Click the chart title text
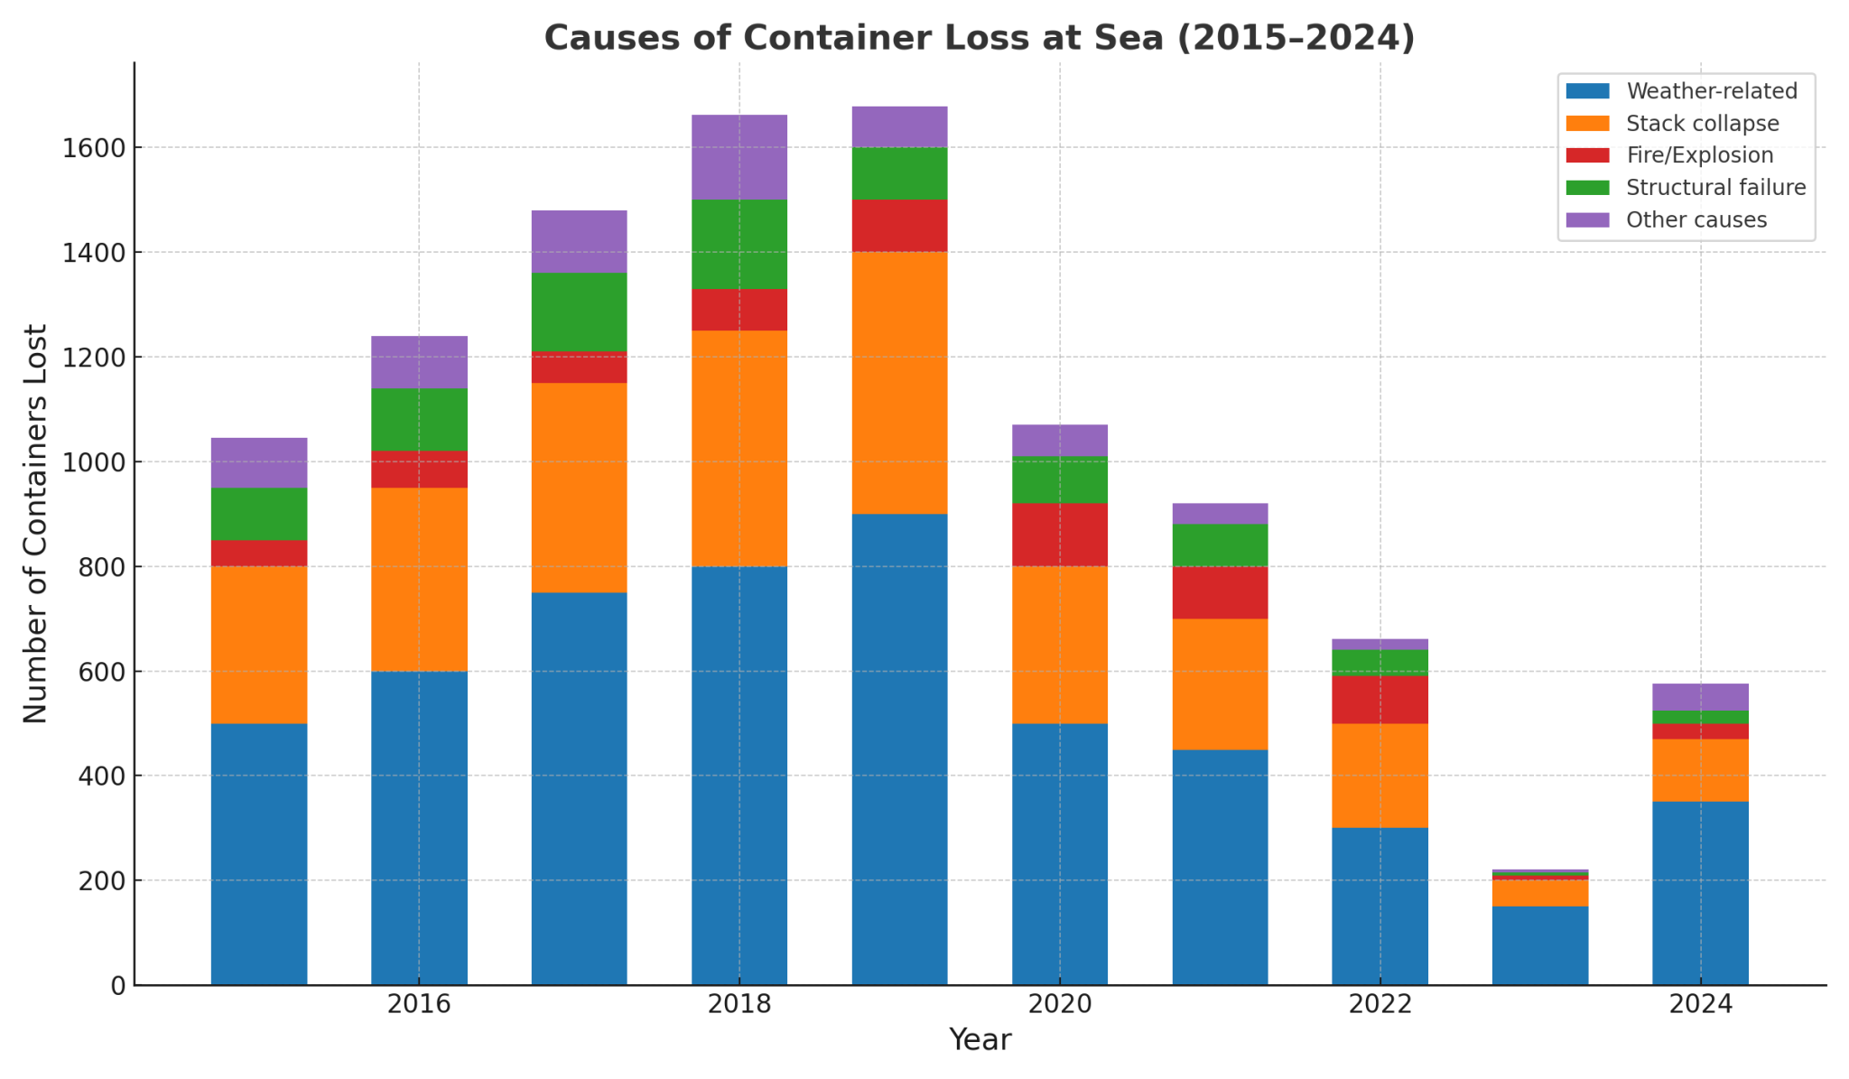click(x=980, y=39)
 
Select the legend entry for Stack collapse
click(x=1702, y=123)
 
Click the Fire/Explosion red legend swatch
click(x=1587, y=155)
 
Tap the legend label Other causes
click(x=1696, y=220)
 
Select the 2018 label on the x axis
click(x=739, y=1004)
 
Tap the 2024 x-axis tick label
click(x=1700, y=1004)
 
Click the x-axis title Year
click(x=980, y=1040)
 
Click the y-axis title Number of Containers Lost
click(x=36, y=524)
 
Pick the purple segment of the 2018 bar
click(x=739, y=157)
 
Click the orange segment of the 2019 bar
click(x=899, y=383)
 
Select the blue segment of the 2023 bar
click(x=1540, y=944)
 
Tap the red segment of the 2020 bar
click(x=1060, y=535)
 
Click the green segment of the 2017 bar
click(x=579, y=312)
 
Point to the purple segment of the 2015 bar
click(x=259, y=462)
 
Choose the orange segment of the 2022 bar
click(x=1380, y=775)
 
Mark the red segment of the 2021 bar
click(x=1220, y=592)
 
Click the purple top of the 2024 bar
click(x=1700, y=697)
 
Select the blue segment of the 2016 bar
click(x=419, y=827)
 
